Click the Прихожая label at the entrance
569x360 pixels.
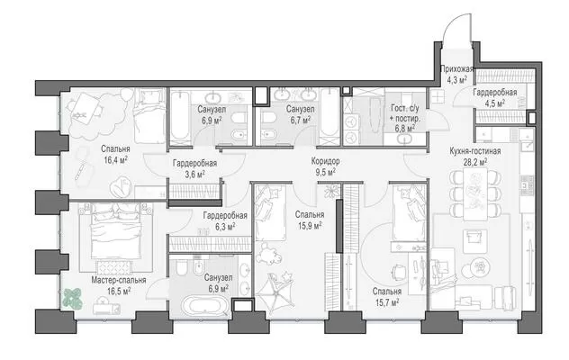[x=456, y=68]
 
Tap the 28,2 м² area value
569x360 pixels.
[x=475, y=161]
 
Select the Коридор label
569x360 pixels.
[x=326, y=161]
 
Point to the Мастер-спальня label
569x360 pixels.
[x=119, y=280]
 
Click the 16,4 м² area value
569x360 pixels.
[x=116, y=159]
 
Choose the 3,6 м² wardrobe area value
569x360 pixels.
[x=194, y=175]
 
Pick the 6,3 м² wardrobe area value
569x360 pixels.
[x=225, y=227]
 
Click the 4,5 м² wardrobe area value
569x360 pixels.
[x=495, y=103]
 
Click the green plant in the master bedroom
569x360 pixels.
[x=73, y=299]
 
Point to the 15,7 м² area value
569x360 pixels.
[x=387, y=302]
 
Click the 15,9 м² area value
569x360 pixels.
[x=310, y=226]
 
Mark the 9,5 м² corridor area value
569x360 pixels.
[x=326, y=172]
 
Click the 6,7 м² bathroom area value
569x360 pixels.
[x=300, y=120]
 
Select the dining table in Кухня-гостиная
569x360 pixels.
[x=475, y=194]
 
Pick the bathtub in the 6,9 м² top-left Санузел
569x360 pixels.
[x=180, y=116]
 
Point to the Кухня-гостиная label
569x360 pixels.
[x=475, y=151]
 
